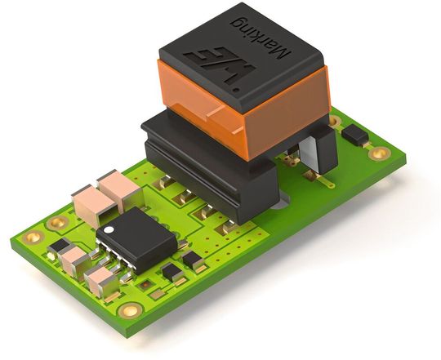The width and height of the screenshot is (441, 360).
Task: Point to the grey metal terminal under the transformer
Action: point(309,155)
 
